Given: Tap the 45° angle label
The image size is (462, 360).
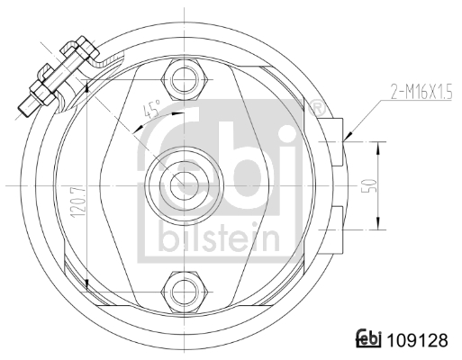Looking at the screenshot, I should point(151,112).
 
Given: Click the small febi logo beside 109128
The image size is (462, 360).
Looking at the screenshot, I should point(369,340).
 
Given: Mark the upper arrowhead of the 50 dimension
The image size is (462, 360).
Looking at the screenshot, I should point(378,145).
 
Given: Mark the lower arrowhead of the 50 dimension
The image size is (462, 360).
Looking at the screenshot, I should point(378,225).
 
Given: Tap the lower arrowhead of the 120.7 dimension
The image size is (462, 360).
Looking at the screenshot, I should point(86,286).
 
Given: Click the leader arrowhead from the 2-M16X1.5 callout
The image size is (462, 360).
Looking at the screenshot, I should point(347,137).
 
